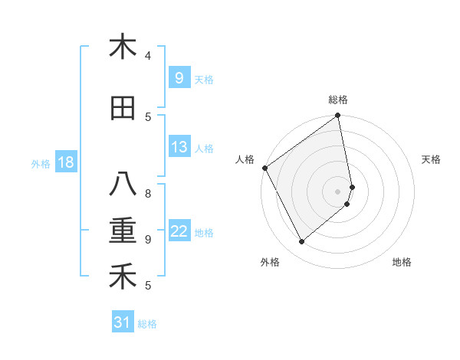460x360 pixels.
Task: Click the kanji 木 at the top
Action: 123,47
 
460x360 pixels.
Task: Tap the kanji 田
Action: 123,108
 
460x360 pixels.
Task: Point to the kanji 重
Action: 123,231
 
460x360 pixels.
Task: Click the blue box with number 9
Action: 179,77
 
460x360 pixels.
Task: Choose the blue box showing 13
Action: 179,147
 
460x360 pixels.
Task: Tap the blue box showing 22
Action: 179,231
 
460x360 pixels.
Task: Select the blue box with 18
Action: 65,162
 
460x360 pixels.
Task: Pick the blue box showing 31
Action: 123,322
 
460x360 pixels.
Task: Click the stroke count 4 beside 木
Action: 148,56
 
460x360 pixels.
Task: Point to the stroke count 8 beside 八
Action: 148,193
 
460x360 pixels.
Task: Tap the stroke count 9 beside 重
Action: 148,239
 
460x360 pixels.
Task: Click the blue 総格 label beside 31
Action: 147,324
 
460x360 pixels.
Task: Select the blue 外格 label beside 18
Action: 40,163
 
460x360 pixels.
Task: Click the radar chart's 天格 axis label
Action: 431,159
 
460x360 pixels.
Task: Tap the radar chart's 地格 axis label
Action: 402,262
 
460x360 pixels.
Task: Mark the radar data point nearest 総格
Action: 337,116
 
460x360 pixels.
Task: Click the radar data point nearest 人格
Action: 265,168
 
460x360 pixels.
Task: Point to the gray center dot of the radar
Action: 338,191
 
